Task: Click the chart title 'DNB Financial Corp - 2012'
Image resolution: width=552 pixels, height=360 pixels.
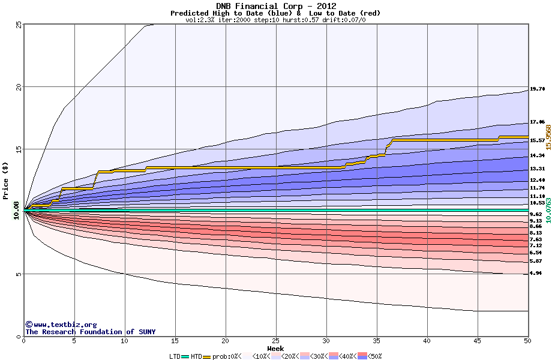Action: [275, 6]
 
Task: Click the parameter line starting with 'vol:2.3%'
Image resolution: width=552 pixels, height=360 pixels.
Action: [275, 20]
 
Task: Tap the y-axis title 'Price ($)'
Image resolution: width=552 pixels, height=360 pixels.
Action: [6, 181]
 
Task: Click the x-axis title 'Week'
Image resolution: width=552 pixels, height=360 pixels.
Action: [275, 348]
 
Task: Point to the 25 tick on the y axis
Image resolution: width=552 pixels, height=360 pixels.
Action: [18, 25]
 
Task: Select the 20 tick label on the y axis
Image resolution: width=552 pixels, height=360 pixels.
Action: [18, 87]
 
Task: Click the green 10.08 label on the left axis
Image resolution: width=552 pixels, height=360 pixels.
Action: [17, 211]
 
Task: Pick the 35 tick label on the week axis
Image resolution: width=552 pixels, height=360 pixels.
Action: [376, 341]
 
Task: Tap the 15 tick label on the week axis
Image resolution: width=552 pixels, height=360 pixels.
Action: [175, 341]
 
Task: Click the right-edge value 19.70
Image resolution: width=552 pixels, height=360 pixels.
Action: [537, 89]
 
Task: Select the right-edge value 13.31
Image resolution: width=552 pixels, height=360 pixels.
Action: [537, 169]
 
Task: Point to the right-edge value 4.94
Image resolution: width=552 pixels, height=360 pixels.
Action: [536, 273]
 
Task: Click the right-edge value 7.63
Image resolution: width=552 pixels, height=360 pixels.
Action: [536, 239]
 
